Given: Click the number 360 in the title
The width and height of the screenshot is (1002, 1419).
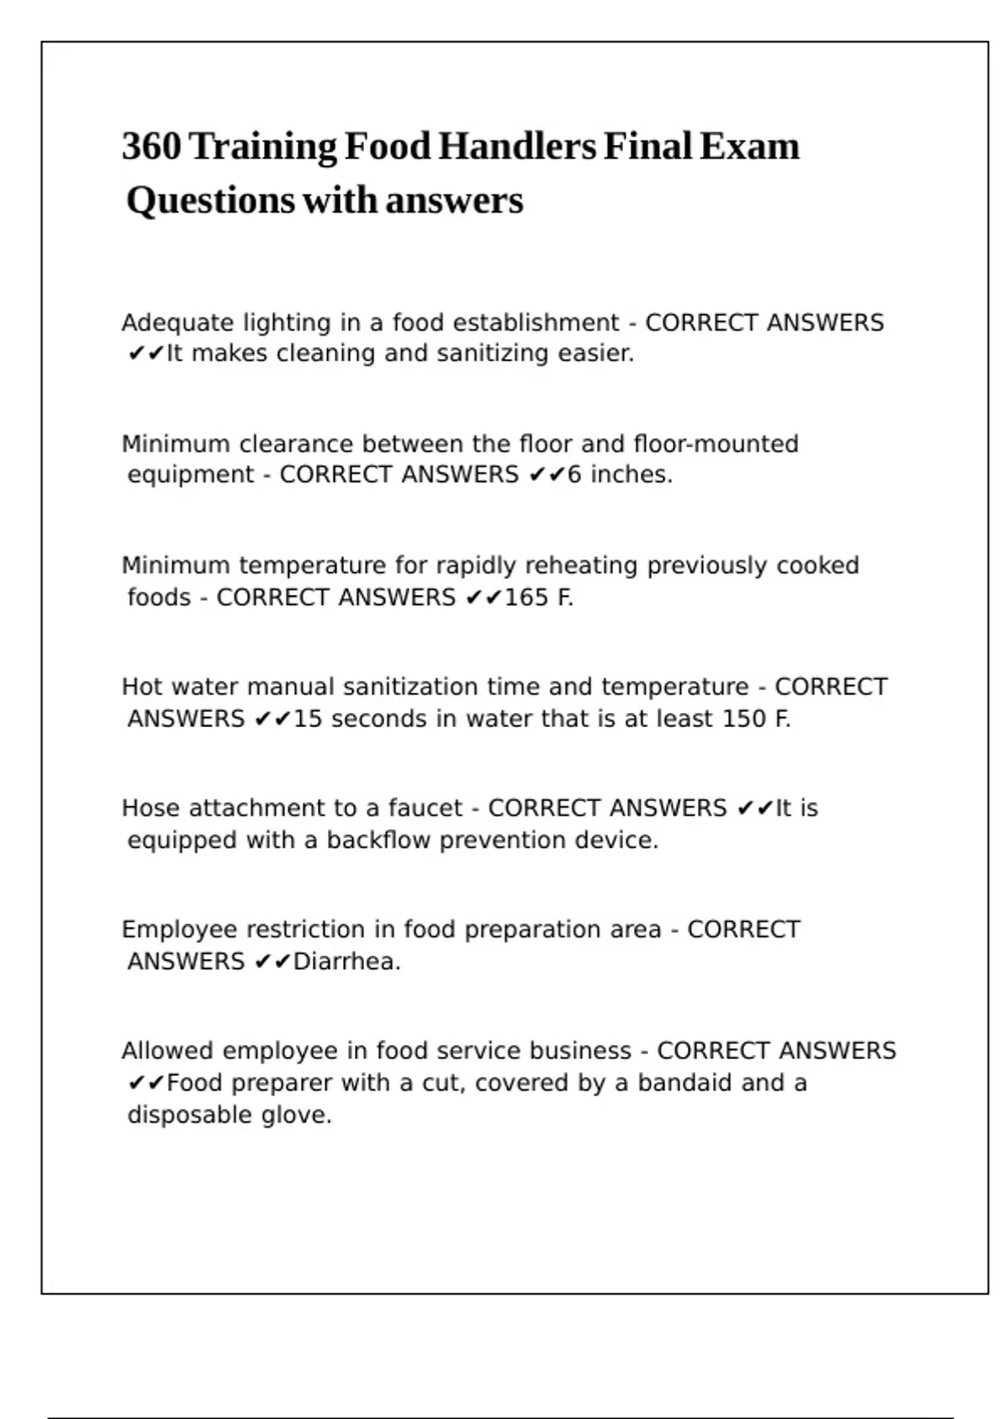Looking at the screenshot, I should coord(151,147).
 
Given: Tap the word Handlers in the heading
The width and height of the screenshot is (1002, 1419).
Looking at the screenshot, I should coord(517,147).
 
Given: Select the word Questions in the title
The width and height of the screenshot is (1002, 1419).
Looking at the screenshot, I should coord(210,201).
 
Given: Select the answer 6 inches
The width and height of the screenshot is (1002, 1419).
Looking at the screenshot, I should coord(620,475).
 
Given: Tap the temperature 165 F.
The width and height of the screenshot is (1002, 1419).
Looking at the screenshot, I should coord(539,598).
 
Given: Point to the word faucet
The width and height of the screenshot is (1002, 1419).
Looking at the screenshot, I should coord(425,808).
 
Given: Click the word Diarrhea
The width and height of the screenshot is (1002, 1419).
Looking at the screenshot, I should coord(347,962).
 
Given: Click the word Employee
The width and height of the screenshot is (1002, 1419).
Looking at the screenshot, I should coord(180,930).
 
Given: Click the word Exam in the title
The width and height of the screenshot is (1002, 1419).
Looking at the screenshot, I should coord(749,147).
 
